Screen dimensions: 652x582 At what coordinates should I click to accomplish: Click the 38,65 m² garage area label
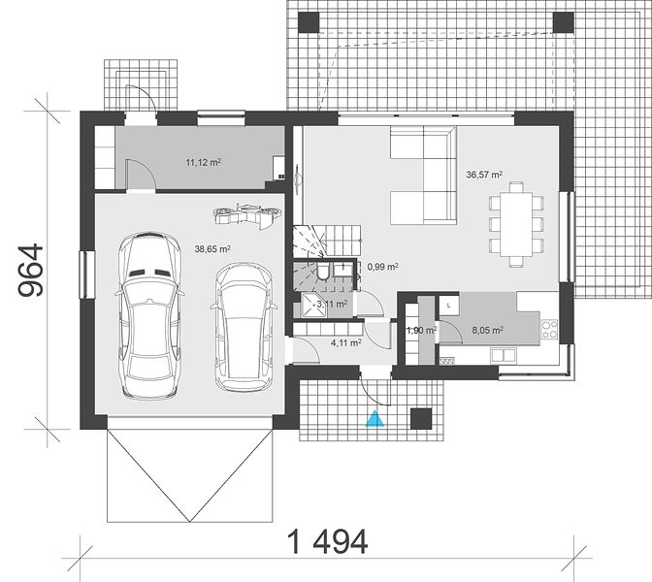click(x=212, y=249)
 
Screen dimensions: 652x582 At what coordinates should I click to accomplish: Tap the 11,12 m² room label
click(x=203, y=162)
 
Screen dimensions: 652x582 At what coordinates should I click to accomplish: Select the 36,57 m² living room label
click(x=484, y=175)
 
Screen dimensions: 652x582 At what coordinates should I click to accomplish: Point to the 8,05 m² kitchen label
click(x=488, y=330)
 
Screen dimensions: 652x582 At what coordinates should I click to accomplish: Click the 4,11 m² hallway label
click(x=345, y=342)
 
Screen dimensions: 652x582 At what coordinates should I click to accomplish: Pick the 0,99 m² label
click(x=383, y=267)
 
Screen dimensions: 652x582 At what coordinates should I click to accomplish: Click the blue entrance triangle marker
click(x=375, y=418)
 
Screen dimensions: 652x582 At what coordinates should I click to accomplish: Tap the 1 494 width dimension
click(x=328, y=541)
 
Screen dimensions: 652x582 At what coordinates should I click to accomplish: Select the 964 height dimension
click(x=31, y=270)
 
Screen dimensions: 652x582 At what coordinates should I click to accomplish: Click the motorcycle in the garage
click(x=247, y=215)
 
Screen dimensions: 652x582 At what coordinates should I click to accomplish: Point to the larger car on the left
click(x=149, y=316)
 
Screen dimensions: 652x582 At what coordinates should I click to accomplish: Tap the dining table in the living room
click(x=516, y=224)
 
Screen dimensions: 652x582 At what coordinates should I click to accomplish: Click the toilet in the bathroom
click(x=323, y=272)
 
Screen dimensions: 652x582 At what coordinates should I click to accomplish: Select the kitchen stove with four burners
click(x=549, y=329)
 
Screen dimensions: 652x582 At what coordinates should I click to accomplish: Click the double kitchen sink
click(x=504, y=355)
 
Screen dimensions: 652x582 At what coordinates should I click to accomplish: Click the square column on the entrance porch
click(x=421, y=419)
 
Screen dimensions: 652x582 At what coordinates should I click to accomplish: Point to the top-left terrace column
click(x=309, y=22)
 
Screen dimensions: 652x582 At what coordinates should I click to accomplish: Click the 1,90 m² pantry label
click(x=421, y=330)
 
